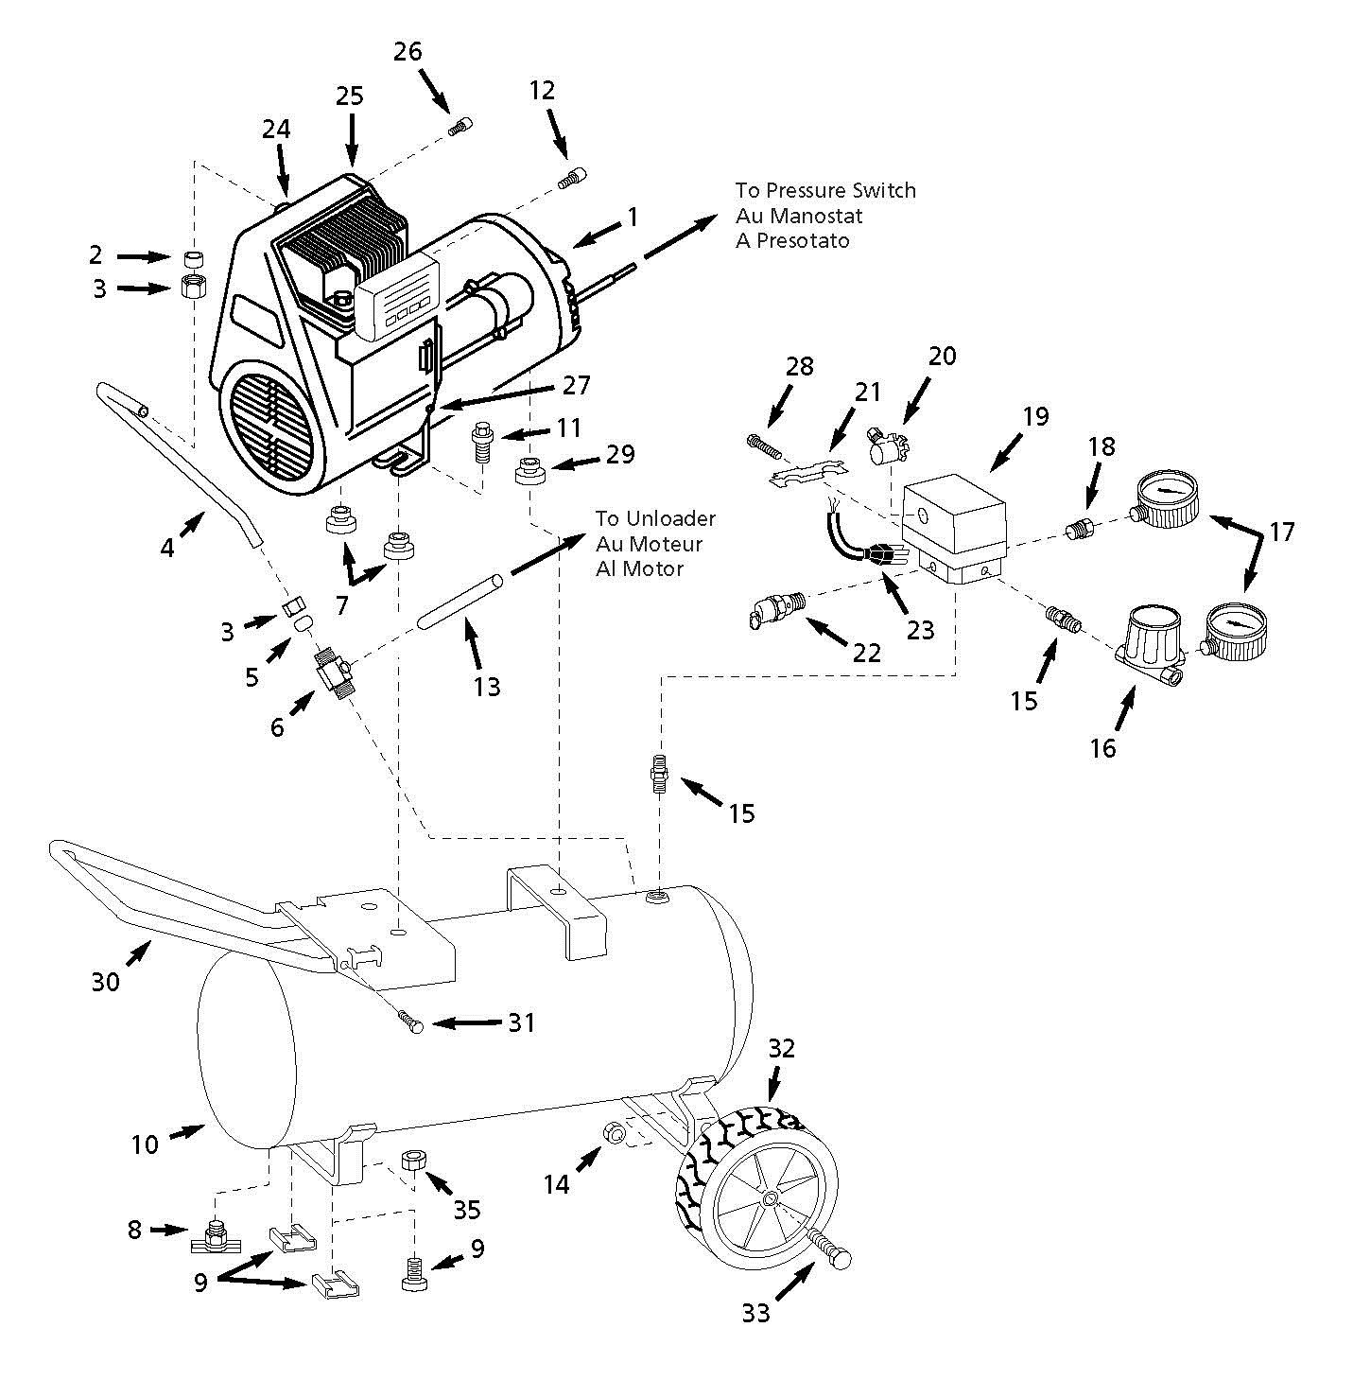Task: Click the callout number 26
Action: (408, 51)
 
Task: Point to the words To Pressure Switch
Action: (825, 190)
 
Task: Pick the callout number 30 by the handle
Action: (105, 982)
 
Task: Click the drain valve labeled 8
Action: (217, 1234)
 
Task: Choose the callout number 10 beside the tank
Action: (144, 1144)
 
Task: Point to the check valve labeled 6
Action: (333, 674)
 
